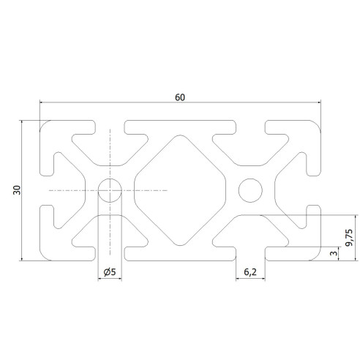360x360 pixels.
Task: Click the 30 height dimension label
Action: [16, 191]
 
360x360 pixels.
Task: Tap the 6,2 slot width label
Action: [249, 273]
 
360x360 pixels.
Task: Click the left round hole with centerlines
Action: [110, 190]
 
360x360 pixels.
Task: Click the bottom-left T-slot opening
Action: [110, 252]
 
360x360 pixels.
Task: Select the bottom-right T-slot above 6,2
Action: [250, 252]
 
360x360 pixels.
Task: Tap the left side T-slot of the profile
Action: [45, 190]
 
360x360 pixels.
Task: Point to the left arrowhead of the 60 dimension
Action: [42, 103]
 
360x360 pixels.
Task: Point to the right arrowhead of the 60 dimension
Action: [319, 103]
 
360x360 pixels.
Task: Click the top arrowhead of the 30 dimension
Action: [23, 124]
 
